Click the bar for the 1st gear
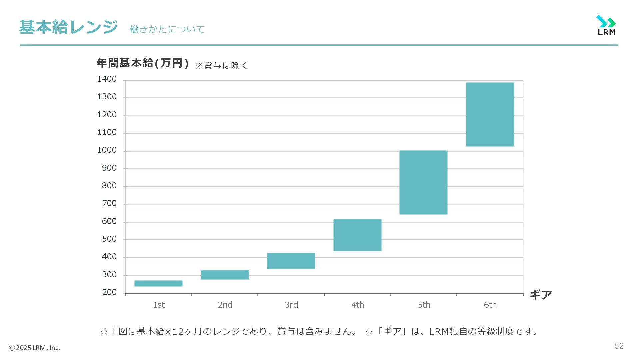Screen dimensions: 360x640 coord(158,283)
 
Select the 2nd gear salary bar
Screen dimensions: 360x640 coord(225,275)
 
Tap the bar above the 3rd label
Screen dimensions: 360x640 coord(291,261)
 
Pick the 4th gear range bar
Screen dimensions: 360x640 coord(357,235)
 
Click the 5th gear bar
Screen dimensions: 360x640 coord(423,182)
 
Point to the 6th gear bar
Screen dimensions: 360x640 coord(490,114)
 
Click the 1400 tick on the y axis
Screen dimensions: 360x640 coord(107,79)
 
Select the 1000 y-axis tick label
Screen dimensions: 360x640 coord(107,150)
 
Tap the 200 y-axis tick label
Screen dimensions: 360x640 coord(109,293)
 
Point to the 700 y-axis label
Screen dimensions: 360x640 coord(109,204)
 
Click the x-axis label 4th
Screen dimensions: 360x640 coord(357,305)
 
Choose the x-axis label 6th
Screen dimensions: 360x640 coord(490,305)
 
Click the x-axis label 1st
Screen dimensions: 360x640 coord(159,305)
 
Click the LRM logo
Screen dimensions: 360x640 coord(606,25)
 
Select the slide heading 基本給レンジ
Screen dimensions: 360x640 coord(68,27)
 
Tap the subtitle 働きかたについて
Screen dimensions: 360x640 coord(167,29)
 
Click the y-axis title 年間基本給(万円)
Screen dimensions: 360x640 coord(143,63)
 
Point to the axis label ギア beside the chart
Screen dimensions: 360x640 coord(541,295)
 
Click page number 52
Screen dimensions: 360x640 coord(619,346)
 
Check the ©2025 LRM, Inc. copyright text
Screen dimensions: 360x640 coord(34,348)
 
